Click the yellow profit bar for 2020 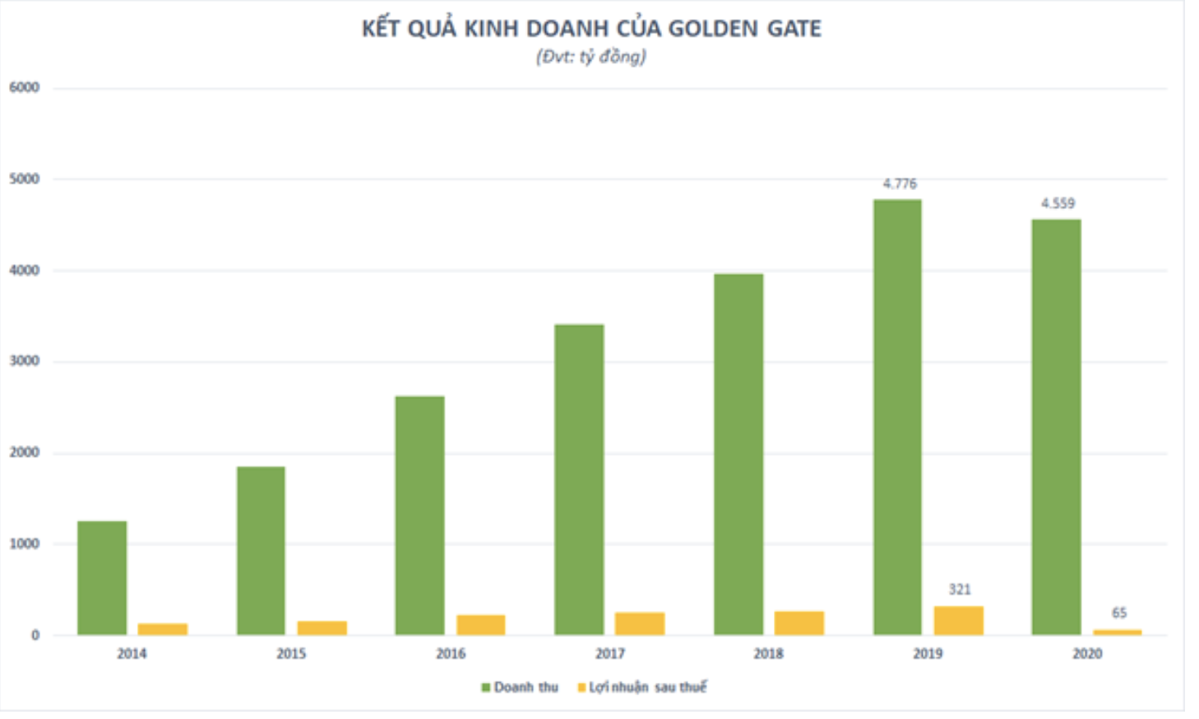[1118, 631]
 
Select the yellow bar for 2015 [322, 628]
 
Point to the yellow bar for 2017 [640, 624]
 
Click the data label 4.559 [1058, 203]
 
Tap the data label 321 [960, 590]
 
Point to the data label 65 [1119, 613]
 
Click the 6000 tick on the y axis [25, 88]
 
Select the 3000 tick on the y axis [25, 361]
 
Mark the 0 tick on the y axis [35, 635]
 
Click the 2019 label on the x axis [928, 654]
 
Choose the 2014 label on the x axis [132, 654]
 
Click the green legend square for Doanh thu [485, 688]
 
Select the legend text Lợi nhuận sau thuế [647, 688]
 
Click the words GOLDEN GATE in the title [744, 29]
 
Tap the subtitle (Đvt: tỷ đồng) [591, 57]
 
